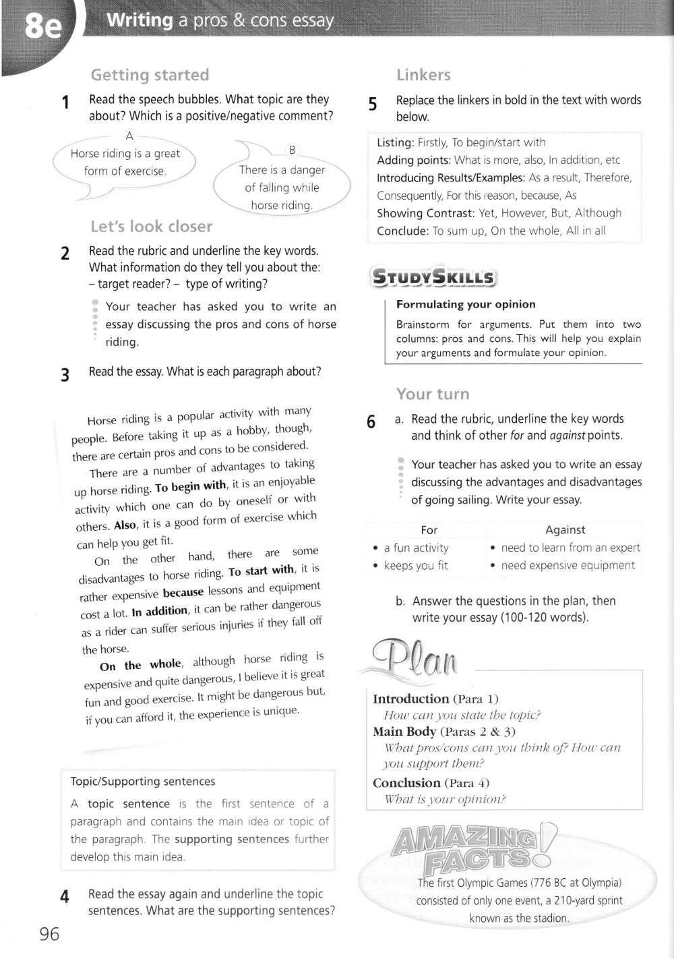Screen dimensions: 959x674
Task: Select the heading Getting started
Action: pos(150,74)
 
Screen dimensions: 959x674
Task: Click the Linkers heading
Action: pos(423,75)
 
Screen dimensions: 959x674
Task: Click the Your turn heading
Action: pos(433,394)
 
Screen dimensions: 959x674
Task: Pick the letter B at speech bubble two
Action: pos(292,150)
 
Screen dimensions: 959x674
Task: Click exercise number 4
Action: pos(65,897)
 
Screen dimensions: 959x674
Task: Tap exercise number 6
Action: pos(371,422)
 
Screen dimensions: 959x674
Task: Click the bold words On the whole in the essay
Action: pos(140,666)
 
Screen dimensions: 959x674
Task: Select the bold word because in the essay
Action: pos(183,592)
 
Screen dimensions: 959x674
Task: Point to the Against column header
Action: pos(565,530)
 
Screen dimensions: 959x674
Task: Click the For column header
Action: pos(429,530)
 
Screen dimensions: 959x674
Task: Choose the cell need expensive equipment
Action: pos(568,565)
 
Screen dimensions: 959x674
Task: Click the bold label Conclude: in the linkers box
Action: pos(402,231)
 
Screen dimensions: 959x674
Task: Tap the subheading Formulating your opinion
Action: pos(466,304)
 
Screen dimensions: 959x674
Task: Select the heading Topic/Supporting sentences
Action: pos(143,782)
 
